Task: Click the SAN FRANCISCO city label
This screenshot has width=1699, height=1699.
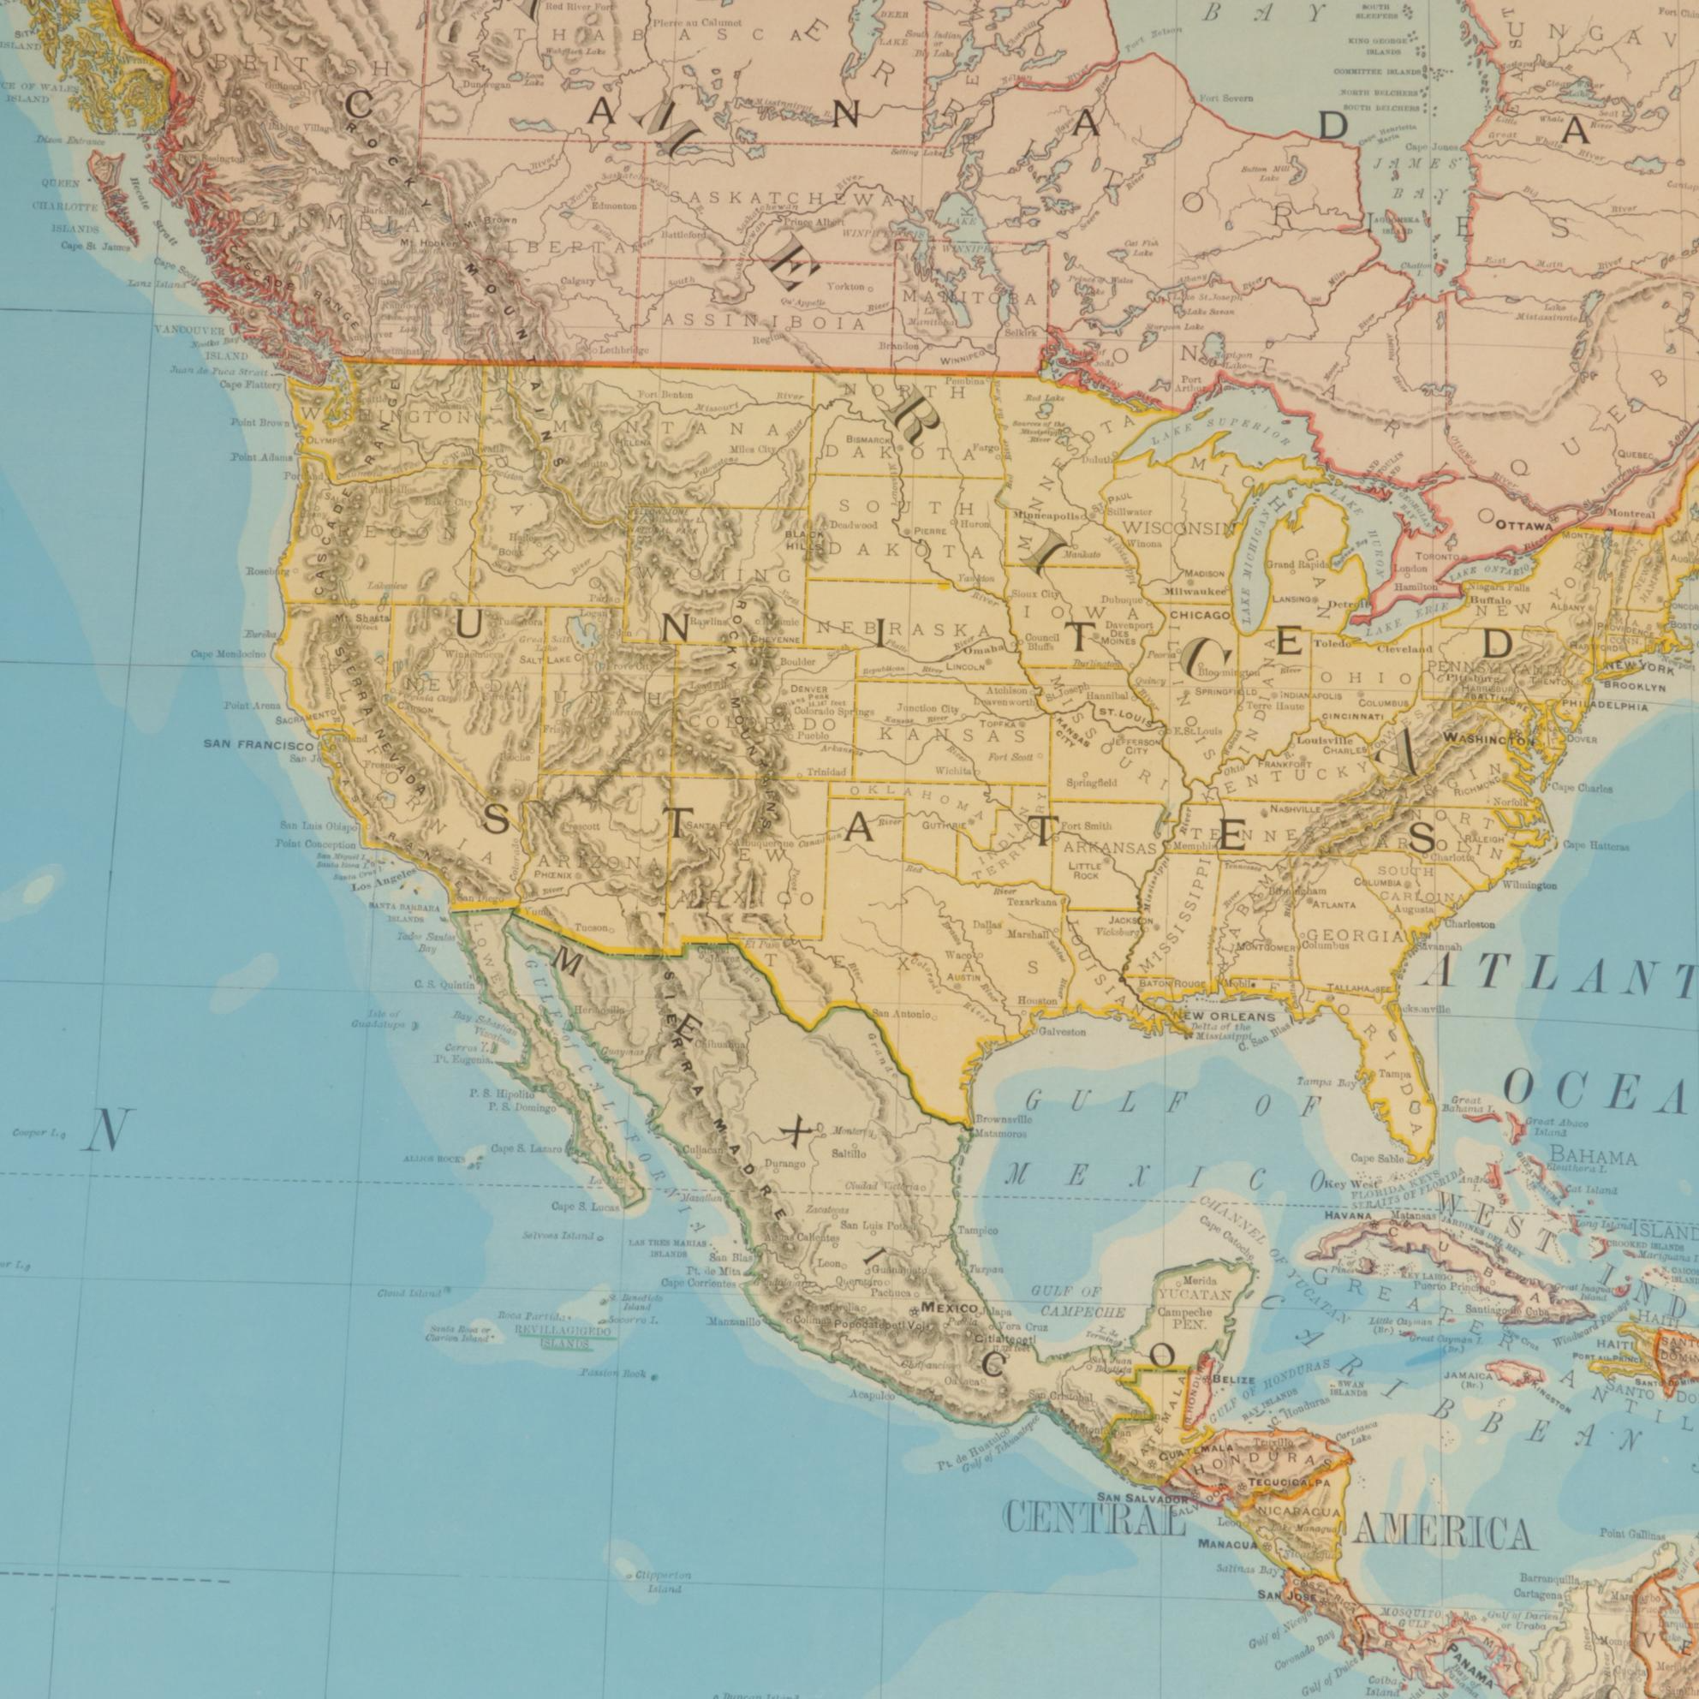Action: point(253,744)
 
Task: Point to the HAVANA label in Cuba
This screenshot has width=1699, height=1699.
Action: point(1349,1216)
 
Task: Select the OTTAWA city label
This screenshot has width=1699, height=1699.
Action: point(1525,525)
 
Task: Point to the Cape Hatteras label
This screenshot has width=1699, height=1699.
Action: point(1596,846)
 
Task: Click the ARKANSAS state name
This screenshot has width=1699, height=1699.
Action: point(1108,849)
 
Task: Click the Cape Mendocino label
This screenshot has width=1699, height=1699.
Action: point(228,653)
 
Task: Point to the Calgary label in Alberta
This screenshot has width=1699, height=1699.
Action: point(577,283)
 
